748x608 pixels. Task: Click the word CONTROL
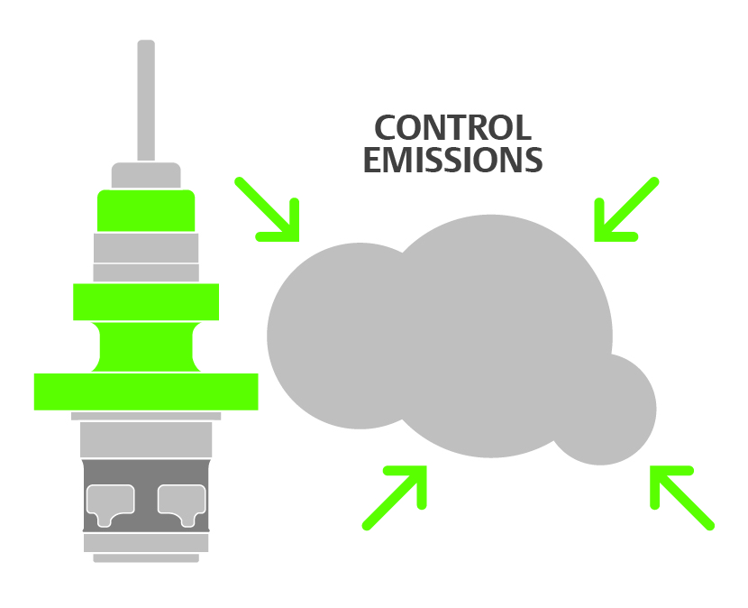pyautogui.click(x=452, y=127)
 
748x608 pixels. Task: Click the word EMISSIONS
pyautogui.click(x=452, y=160)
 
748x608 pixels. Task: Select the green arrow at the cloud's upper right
pyautogui.click(x=623, y=210)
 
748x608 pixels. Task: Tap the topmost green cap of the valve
pyautogui.click(x=146, y=210)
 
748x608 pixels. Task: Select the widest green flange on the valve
pyautogui.click(x=146, y=392)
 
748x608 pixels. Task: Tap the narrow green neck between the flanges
pyautogui.click(x=146, y=346)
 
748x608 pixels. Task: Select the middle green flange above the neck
pyautogui.click(x=146, y=301)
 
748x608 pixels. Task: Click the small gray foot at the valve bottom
pyautogui.click(x=146, y=558)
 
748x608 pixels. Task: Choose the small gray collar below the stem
pyautogui.click(x=146, y=176)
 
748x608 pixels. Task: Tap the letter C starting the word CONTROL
pyautogui.click(x=387, y=127)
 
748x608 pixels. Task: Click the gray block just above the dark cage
pyautogui.click(x=146, y=439)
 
